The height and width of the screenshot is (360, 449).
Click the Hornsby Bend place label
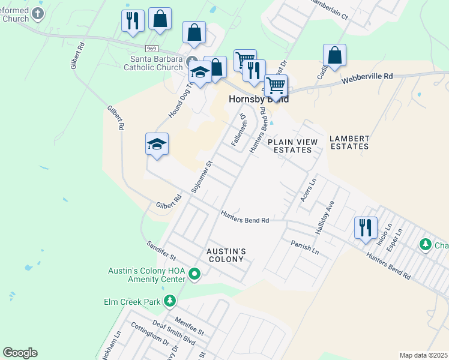click(258, 99)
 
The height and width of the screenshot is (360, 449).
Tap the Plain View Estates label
click(293, 146)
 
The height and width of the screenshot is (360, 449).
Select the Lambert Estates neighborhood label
click(349, 142)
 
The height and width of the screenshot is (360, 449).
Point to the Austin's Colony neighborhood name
click(225, 255)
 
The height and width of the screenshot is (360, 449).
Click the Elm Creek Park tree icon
click(170, 300)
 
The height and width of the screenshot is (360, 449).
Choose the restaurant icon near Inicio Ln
click(366, 228)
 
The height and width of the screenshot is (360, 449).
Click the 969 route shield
click(151, 47)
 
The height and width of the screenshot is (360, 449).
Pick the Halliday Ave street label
click(324, 217)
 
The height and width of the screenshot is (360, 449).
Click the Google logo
click(20, 353)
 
